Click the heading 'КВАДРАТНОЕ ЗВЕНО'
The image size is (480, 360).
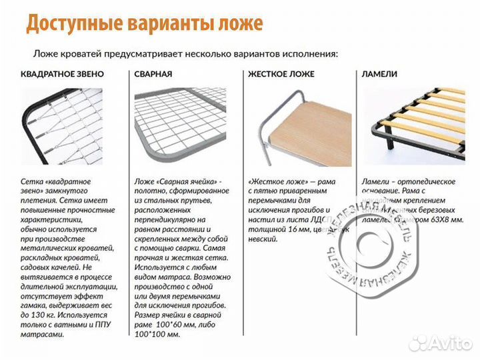[62, 74]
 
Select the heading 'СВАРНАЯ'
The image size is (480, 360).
[153, 74]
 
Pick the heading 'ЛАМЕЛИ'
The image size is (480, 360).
[379, 74]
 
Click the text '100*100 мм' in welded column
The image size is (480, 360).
[157, 334]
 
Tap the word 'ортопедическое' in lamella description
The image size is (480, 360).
[427, 181]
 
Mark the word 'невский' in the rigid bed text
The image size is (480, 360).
[263, 239]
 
